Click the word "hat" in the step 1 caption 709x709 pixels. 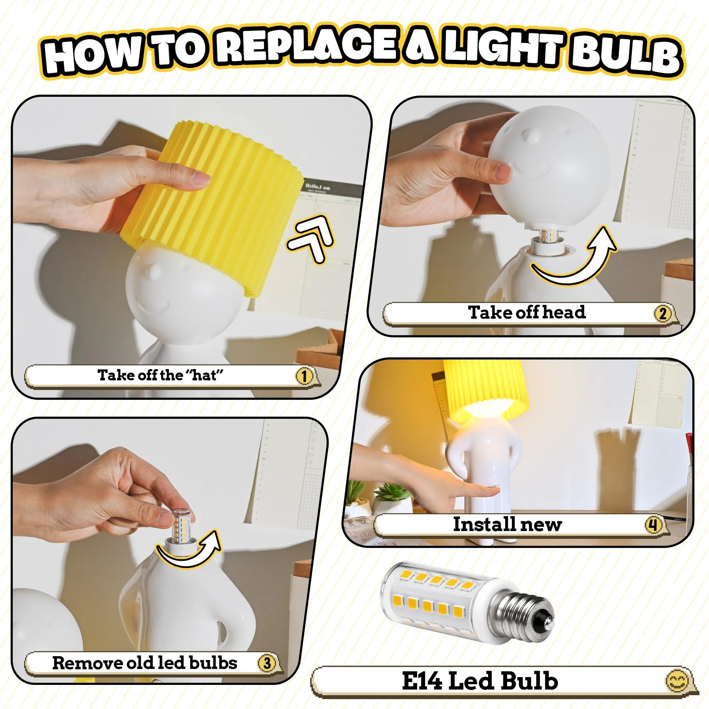[207, 375]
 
